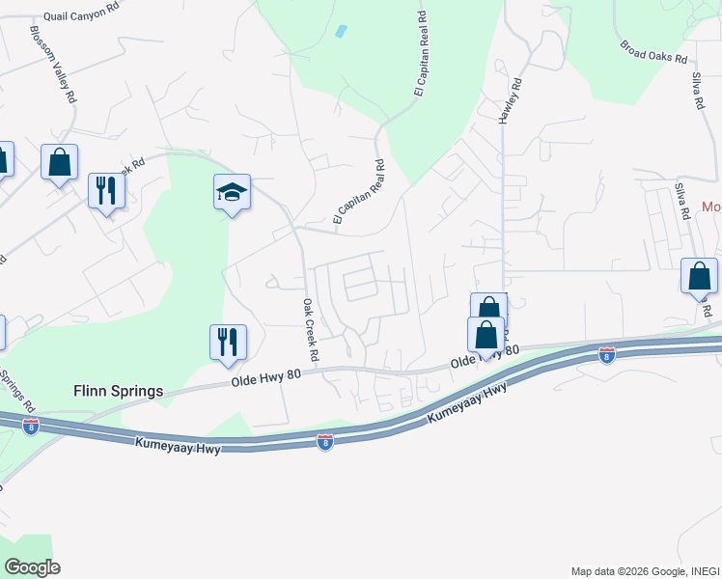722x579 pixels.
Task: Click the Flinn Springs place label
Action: point(118,392)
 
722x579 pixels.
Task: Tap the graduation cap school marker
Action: point(232,193)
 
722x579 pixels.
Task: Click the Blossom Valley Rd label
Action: point(53,64)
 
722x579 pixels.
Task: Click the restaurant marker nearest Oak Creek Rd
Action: point(229,344)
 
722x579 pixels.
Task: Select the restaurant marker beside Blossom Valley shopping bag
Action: point(106,190)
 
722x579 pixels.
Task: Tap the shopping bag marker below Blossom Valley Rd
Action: point(59,163)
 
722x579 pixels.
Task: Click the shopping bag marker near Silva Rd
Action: point(699,277)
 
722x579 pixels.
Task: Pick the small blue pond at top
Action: point(340,31)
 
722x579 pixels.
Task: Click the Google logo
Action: point(32,567)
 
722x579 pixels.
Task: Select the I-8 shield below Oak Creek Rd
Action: point(325,442)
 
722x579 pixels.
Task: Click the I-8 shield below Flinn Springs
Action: point(31,425)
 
